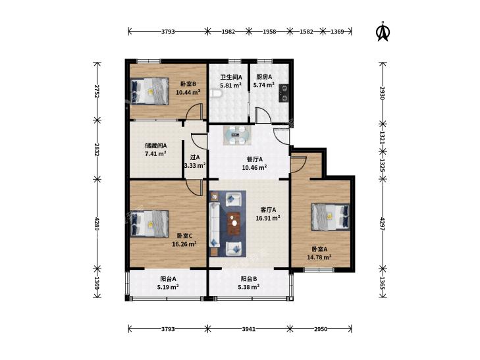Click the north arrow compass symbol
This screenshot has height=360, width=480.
(x=383, y=31)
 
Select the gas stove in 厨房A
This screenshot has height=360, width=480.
(x=284, y=93)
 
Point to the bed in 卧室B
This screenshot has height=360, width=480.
(x=149, y=91)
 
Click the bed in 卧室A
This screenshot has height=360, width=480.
(x=331, y=217)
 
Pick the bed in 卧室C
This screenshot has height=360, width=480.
(x=149, y=224)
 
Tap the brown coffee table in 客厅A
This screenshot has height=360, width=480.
(x=234, y=224)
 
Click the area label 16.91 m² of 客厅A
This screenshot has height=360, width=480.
(x=268, y=218)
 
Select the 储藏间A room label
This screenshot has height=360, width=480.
(x=155, y=145)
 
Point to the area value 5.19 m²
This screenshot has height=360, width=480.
(x=168, y=287)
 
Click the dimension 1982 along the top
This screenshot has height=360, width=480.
(x=228, y=31)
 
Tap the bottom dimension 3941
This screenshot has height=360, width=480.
(x=249, y=329)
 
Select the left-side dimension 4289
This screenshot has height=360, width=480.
(x=97, y=224)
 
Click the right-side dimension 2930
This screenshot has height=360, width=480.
(x=382, y=93)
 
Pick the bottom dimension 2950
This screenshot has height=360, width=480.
(x=321, y=329)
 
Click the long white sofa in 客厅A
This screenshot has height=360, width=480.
(x=214, y=224)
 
